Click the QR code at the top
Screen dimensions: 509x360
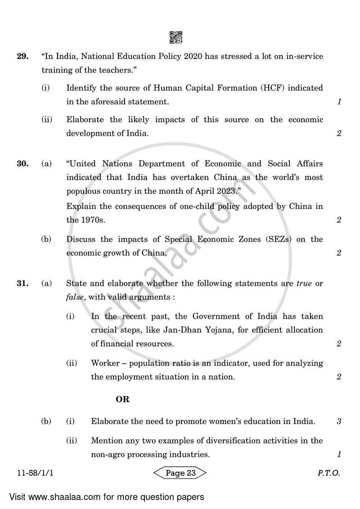(x=176, y=37)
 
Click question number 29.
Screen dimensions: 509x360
(x=22, y=57)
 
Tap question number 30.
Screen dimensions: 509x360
(x=22, y=164)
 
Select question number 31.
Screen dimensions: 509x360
(x=22, y=284)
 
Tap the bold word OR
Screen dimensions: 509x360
(x=122, y=399)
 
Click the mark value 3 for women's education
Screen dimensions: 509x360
(x=339, y=422)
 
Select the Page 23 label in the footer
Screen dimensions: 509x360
(x=180, y=473)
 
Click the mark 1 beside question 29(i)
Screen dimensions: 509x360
(x=339, y=102)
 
